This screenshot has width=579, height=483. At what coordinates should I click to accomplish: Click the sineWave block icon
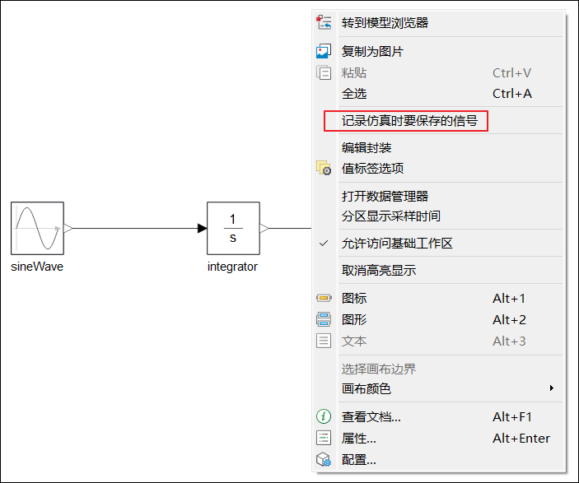(x=37, y=228)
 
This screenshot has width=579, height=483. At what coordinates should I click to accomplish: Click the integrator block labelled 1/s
(x=233, y=228)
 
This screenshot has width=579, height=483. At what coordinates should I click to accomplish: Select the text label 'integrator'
(x=232, y=267)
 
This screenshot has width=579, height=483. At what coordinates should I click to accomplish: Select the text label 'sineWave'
(x=37, y=267)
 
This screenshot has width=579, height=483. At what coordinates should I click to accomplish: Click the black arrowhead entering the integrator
(x=202, y=228)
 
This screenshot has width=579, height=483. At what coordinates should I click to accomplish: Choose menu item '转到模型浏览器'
(x=385, y=23)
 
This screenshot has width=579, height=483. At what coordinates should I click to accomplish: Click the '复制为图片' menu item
(x=372, y=51)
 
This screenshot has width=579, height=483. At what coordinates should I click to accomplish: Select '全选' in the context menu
(x=354, y=93)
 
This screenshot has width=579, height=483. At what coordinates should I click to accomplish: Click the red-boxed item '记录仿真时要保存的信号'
(x=409, y=121)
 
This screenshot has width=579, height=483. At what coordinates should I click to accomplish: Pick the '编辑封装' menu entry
(x=367, y=148)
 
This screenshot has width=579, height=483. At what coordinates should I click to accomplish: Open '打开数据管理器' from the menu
(x=385, y=196)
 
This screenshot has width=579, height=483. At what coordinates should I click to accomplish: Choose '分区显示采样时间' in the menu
(x=390, y=216)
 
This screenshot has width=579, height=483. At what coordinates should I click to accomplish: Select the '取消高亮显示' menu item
(x=379, y=271)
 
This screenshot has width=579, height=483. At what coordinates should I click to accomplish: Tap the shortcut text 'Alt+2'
(x=509, y=319)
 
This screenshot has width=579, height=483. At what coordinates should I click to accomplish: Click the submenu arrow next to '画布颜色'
(x=552, y=388)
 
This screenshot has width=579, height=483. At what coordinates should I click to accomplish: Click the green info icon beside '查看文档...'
(x=324, y=416)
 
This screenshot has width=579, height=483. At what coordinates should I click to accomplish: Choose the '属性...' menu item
(x=359, y=438)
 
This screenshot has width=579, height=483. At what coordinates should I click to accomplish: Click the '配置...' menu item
(x=359, y=459)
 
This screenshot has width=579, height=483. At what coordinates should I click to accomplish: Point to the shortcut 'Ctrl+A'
(x=511, y=93)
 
